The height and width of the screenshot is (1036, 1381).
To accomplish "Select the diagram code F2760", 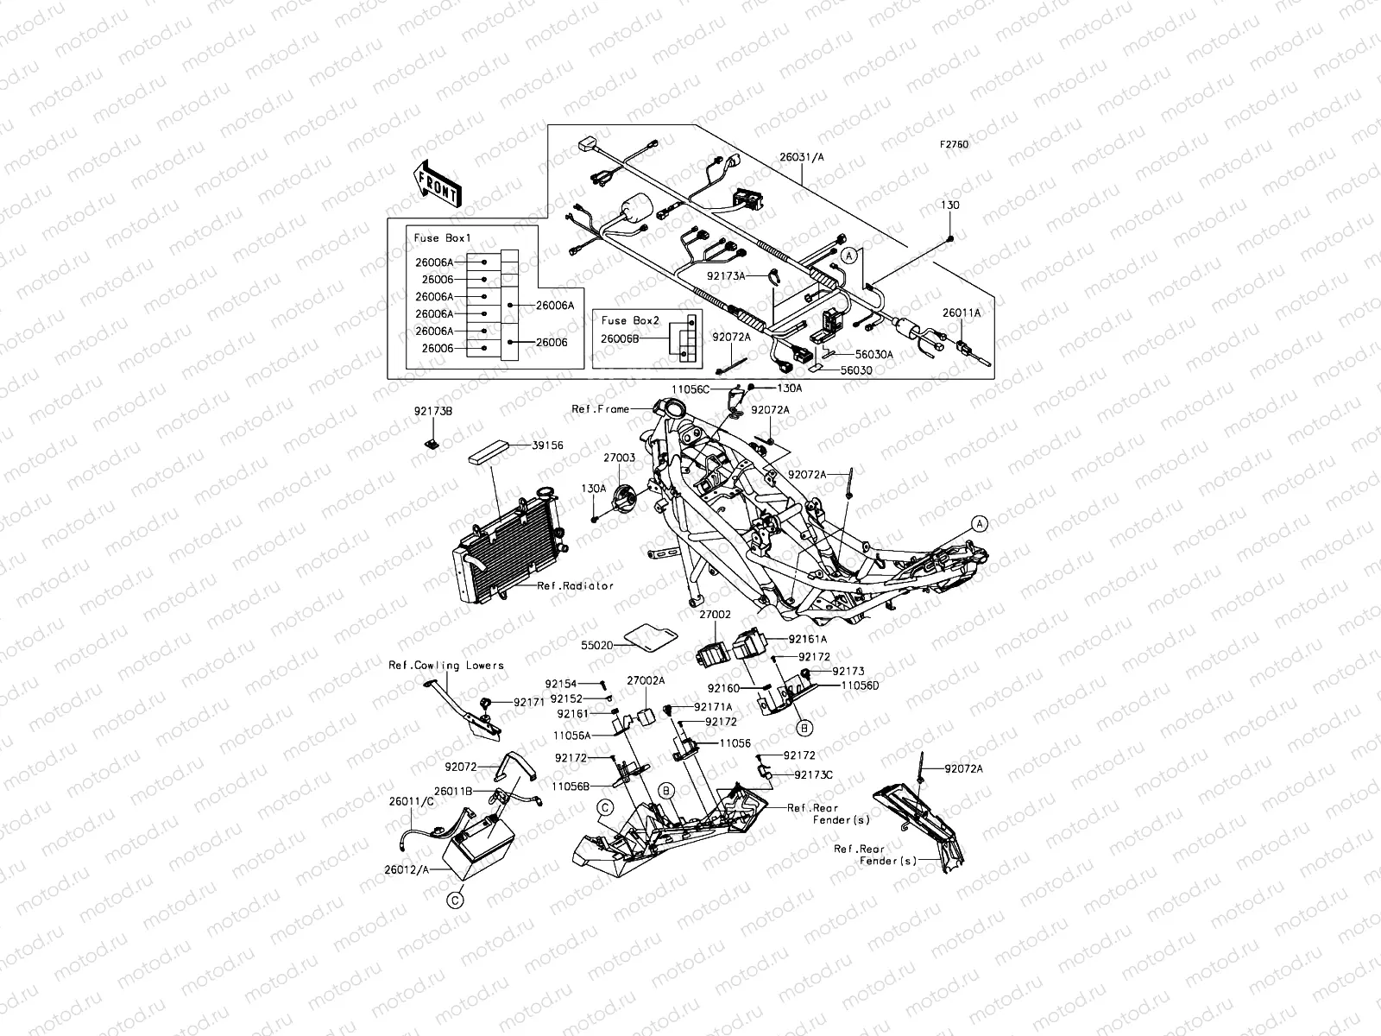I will coord(955,145).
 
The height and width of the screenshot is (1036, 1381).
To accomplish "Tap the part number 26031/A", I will coord(803,158).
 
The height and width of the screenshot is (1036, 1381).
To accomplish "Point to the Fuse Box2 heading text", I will coord(630,320).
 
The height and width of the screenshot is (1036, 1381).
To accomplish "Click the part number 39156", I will coord(547,445).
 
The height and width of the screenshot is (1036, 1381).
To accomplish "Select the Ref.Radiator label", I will coord(575,585).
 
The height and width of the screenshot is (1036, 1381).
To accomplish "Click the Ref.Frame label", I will coord(601,408).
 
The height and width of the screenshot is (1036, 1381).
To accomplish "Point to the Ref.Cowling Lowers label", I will coord(446,666).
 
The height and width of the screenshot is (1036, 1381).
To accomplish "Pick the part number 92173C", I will coord(813,774).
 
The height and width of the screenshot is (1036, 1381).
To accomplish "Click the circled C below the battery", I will coord(454,900).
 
